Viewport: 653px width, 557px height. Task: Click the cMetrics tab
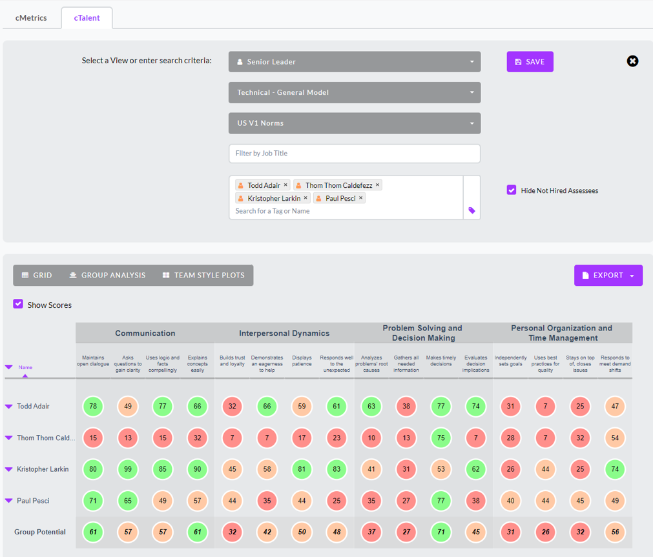31,18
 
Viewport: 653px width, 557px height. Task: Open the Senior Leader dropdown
355,62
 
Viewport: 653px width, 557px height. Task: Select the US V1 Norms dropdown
355,123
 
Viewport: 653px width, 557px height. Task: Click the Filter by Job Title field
355,154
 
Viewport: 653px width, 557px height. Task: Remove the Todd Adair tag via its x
285,185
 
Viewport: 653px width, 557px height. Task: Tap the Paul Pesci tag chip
340,198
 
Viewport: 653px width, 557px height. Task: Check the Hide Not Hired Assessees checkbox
512,190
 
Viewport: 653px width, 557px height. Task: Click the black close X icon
632,61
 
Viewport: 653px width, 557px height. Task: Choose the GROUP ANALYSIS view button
107,275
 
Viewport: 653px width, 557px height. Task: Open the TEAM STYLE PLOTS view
203,275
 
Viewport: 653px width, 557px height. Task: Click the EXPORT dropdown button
608,276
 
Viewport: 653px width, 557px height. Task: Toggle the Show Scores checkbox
18,304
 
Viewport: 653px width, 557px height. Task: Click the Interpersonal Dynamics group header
284,334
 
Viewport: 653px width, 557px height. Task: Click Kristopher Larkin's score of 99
128,469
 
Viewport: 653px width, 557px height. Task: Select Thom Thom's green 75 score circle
441,438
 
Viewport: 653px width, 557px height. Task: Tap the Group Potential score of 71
441,532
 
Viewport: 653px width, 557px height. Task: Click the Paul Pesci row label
33,501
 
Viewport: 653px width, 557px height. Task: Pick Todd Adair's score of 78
94,407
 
